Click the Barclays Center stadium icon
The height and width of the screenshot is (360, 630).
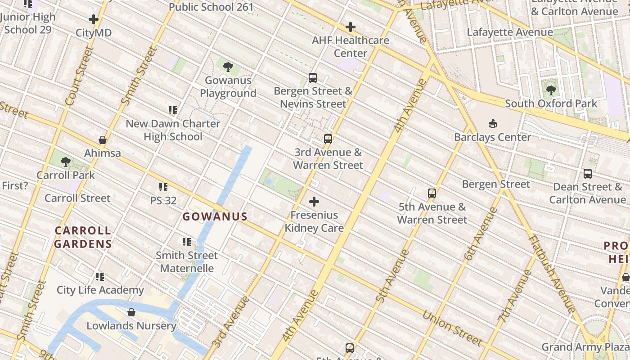click(x=493, y=123)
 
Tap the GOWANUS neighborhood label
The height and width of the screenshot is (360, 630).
click(x=215, y=216)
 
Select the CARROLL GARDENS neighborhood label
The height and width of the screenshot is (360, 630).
click(x=83, y=237)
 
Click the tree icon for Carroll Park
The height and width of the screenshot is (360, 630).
click(x=66, y=162)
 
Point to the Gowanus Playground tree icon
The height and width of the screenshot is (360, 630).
click(x=228, y=67)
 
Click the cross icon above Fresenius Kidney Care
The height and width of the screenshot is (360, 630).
click(x=314, y=202)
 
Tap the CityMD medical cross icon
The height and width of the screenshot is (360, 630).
click(x=94, y=19)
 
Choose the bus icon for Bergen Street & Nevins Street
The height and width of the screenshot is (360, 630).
click(x=313, y=77)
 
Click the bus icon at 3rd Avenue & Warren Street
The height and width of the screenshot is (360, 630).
click(x=328, y=139)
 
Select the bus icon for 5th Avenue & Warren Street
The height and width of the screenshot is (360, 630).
click(x=432, y=193)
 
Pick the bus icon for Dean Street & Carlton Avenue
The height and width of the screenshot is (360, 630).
click(x=587, y=173)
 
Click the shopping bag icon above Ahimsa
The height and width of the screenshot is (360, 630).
click(x=103, y=140)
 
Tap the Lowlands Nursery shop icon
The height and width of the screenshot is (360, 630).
click(x=131, y=312)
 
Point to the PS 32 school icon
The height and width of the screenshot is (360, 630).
click(x=163, y=187)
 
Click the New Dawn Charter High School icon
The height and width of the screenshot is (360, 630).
click(x=173, y=110)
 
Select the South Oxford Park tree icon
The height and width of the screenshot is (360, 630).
click(x=551, y=90)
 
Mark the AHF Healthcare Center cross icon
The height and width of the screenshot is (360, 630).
click(x=351, y=27)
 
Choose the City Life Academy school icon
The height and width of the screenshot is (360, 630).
click(x=100, y=276)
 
